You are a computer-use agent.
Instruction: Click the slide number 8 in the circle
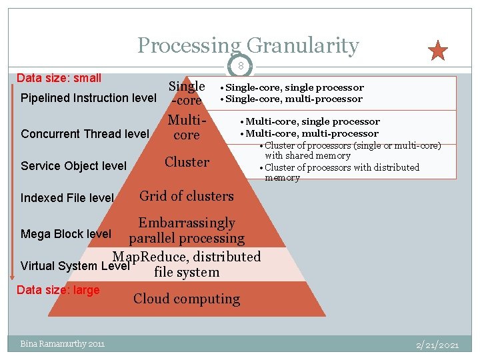tap(240, 65)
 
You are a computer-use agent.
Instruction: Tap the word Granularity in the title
tap(303, 45)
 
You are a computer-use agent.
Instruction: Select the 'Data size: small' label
tap(59, 78)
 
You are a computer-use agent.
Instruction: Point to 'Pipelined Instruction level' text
tap(89, 98)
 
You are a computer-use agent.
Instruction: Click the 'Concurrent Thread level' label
tap(85, 134)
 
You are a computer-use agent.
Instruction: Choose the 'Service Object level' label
tap(73, 165)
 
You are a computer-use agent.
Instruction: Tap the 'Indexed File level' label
tap(67, 198)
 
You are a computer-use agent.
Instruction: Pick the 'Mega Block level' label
tap(66, 234)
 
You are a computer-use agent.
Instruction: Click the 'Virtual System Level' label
tap(75, 266)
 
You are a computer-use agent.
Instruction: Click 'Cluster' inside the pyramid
tap(187, 162)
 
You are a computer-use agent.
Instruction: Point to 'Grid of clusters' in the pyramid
tap(186, 196)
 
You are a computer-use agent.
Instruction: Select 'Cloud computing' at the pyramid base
tap(187, 299)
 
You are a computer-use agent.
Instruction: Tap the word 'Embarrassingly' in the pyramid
tap(187, 223)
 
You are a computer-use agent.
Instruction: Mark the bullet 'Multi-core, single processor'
tap(312, 121)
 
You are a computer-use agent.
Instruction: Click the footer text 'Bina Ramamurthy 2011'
tap(62, 344)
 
